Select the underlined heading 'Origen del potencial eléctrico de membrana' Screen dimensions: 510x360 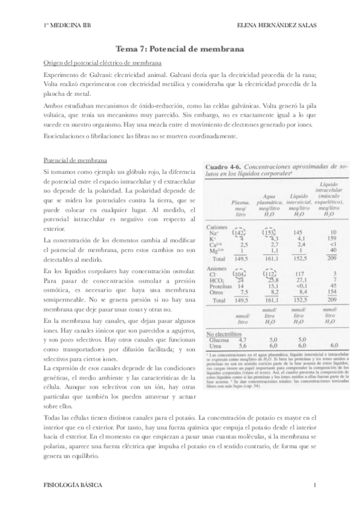coord(102,64)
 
